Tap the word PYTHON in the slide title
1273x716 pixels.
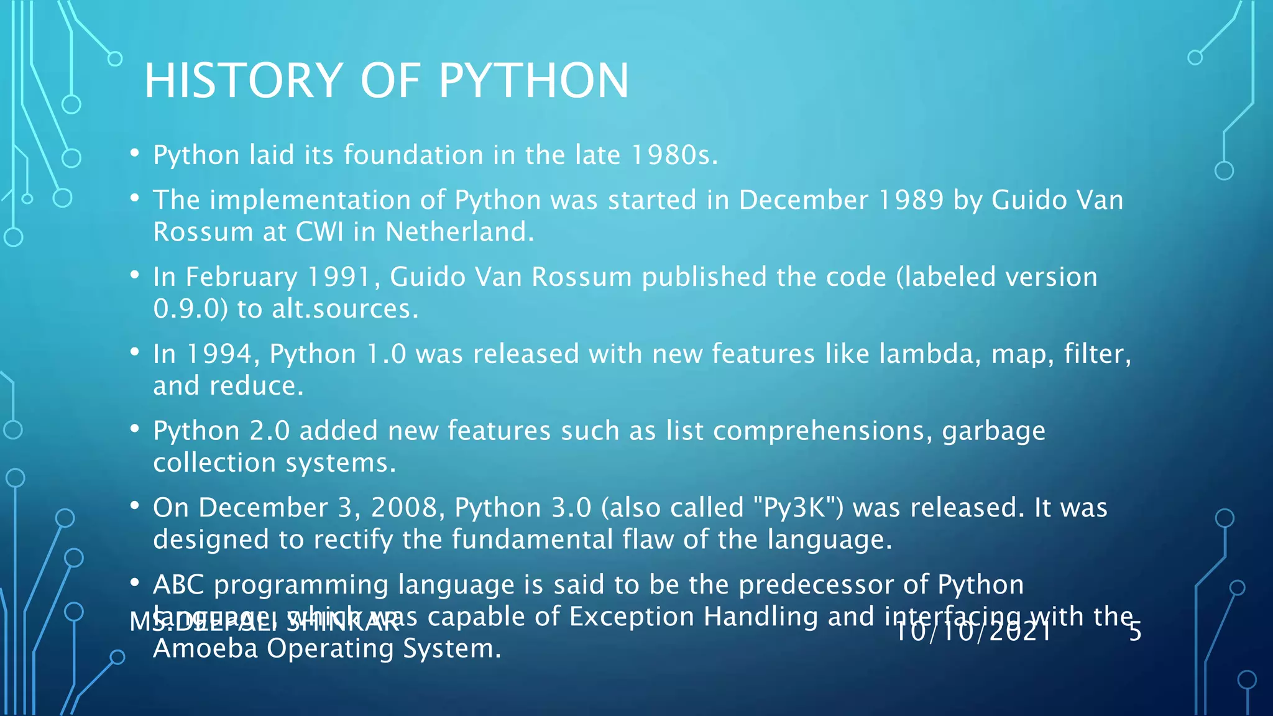534,81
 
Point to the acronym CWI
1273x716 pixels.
319,232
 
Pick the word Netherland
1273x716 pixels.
459,232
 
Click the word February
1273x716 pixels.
241,277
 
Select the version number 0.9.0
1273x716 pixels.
191,309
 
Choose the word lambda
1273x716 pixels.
930,354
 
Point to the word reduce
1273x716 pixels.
255,386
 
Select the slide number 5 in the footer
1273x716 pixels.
1135,631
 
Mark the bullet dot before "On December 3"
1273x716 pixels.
134,506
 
